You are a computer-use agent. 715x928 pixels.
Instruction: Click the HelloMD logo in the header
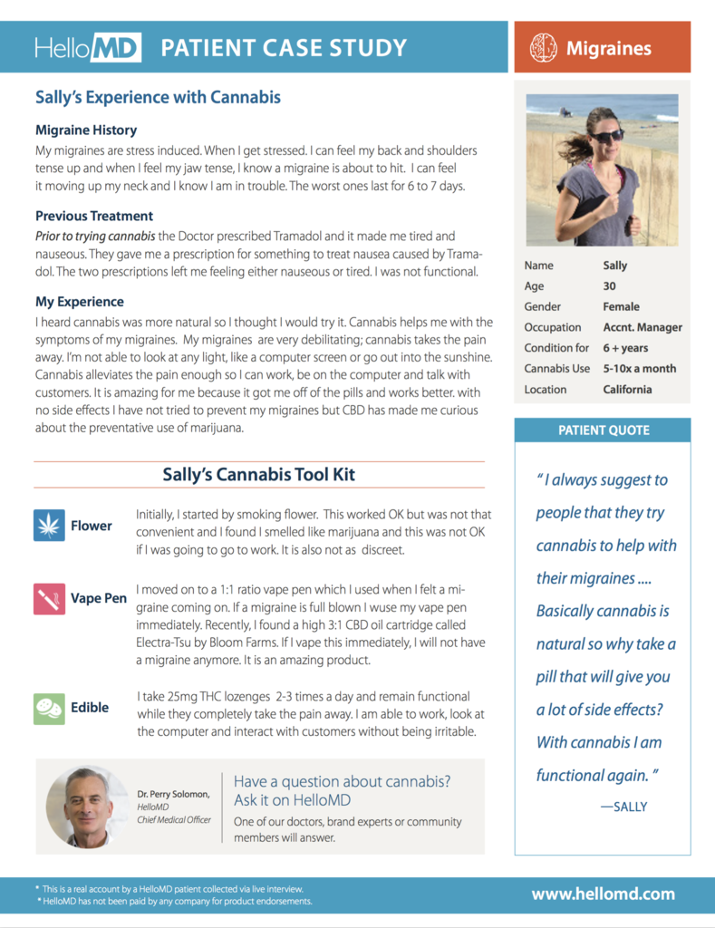[88, 48]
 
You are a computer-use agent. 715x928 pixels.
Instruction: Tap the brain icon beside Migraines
[543, 47]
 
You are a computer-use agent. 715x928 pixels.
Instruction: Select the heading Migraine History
[86, 130]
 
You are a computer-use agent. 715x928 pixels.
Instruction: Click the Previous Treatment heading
[94, 216]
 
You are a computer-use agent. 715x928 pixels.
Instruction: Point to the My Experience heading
[80, 302]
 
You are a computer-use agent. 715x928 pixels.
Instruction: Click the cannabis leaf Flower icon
[49, 526]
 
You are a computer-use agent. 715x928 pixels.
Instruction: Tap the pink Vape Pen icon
[49, 598]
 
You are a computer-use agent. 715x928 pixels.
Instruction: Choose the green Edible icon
[49, 708]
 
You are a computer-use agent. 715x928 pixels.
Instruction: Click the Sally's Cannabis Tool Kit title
[258, 474]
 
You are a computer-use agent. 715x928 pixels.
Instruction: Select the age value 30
[610, 286]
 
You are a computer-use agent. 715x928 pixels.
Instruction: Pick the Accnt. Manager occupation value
[643, 327]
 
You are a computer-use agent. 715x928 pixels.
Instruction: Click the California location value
[627, 390]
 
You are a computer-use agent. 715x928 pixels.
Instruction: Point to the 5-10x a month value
[640, 369]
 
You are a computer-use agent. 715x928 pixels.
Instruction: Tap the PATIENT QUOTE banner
[603, 430]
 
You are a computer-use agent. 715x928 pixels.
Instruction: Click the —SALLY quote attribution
[623, 807]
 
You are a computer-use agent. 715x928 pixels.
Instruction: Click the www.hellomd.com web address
[603, 894]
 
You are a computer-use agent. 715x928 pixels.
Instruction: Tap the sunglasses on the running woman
[606, 135]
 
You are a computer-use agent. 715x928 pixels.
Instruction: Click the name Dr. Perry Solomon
[173, 794]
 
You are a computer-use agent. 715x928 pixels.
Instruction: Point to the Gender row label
[543, 307]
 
